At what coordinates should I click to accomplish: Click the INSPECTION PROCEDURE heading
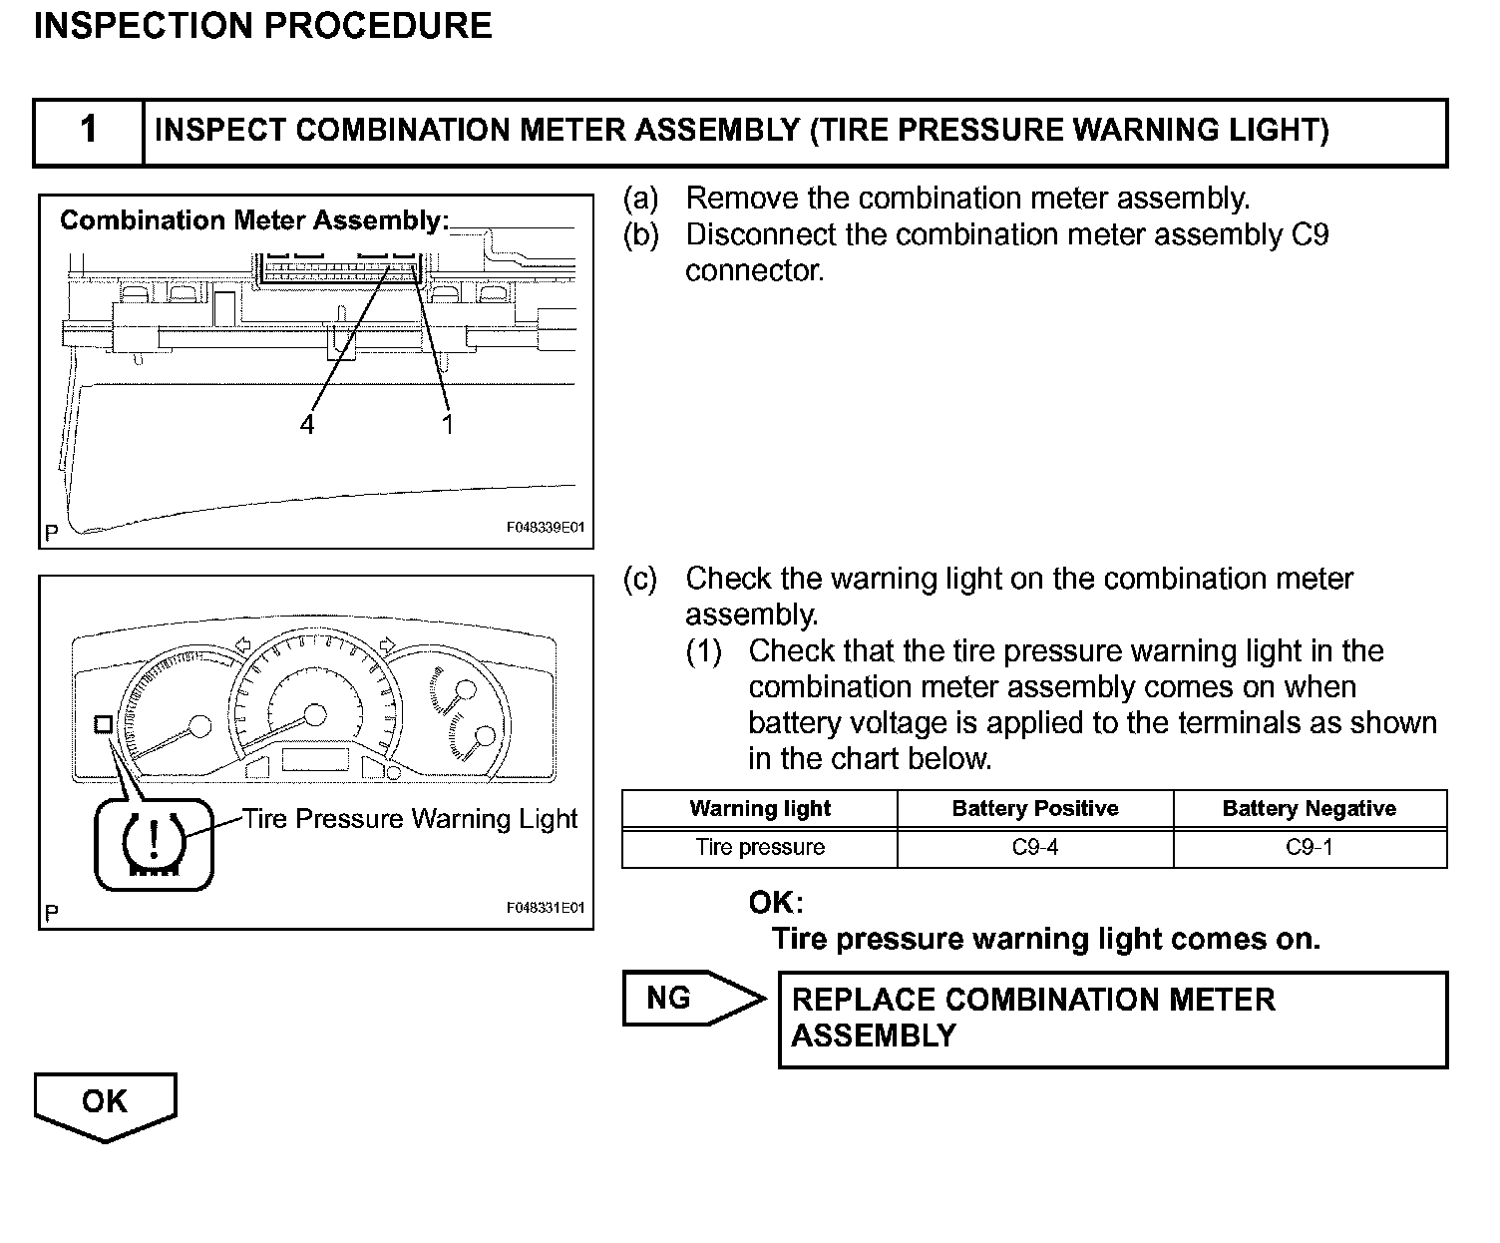click(x=262, y=26)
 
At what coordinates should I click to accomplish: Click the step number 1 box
click(x=89, y=131)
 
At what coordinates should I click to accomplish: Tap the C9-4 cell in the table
click(x=1034, y=848)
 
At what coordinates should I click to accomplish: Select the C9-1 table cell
click(x=1310, y=848)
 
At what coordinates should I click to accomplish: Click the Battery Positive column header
click(x=1034, y=809)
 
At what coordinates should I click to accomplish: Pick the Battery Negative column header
click(x=1309, y=809)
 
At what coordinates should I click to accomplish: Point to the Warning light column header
click(x=759, y=809)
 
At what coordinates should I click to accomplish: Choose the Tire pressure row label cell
click(x=759, y=848)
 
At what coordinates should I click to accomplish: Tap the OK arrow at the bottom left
click(x=105, y=1104)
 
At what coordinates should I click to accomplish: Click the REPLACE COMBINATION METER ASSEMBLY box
click(x=1112, y=1020)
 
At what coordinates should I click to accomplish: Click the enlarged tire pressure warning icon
click(x=154, y=844)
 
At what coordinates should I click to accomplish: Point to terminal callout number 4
click(x=307, y=425)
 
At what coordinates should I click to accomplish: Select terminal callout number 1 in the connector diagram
click(x=448, y=425)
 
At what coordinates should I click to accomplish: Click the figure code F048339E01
click(x=545, y=528)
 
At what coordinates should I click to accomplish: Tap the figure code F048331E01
click(x=545, y=909)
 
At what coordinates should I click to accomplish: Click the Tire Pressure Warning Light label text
click(x=410, y=819)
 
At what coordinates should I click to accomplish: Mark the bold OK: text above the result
click(x=776, y=904)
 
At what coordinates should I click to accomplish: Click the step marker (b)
click(x=640, y=235)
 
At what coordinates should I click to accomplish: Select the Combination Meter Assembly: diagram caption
click(x=254, y=220)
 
